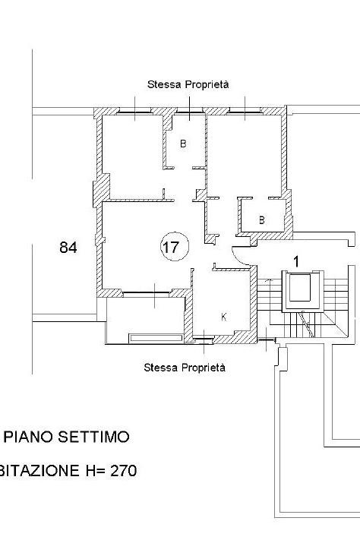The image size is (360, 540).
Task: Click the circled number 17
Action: [x=175, y=247]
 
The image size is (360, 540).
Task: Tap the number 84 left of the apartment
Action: [x=68, y=248]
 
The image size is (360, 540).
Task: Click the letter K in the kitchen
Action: [x=224, y=317]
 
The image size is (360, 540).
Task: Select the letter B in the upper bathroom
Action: [x=183, y=144]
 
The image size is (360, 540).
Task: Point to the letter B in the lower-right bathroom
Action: [x=262, y=219]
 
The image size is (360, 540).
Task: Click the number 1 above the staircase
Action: [x=296, y=262]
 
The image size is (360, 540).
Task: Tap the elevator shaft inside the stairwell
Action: [x=303, y=292]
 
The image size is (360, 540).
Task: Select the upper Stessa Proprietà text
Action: [x=188, y=84]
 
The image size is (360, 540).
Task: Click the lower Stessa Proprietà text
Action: [x=185, y=368]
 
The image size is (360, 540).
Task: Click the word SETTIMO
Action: [x=93, y=437]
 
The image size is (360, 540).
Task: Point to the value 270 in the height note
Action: [x=123, y=470]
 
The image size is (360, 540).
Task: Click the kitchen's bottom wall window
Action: [x=204, y=339]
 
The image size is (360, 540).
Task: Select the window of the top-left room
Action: [x=134, y=112]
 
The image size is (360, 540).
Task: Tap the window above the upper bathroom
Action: [x=189, y=112]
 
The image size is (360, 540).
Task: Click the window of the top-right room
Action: [x=245, y=112]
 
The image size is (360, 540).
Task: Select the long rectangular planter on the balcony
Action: [x=156, y=338]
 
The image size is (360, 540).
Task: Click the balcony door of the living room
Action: [x=147, y=293]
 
